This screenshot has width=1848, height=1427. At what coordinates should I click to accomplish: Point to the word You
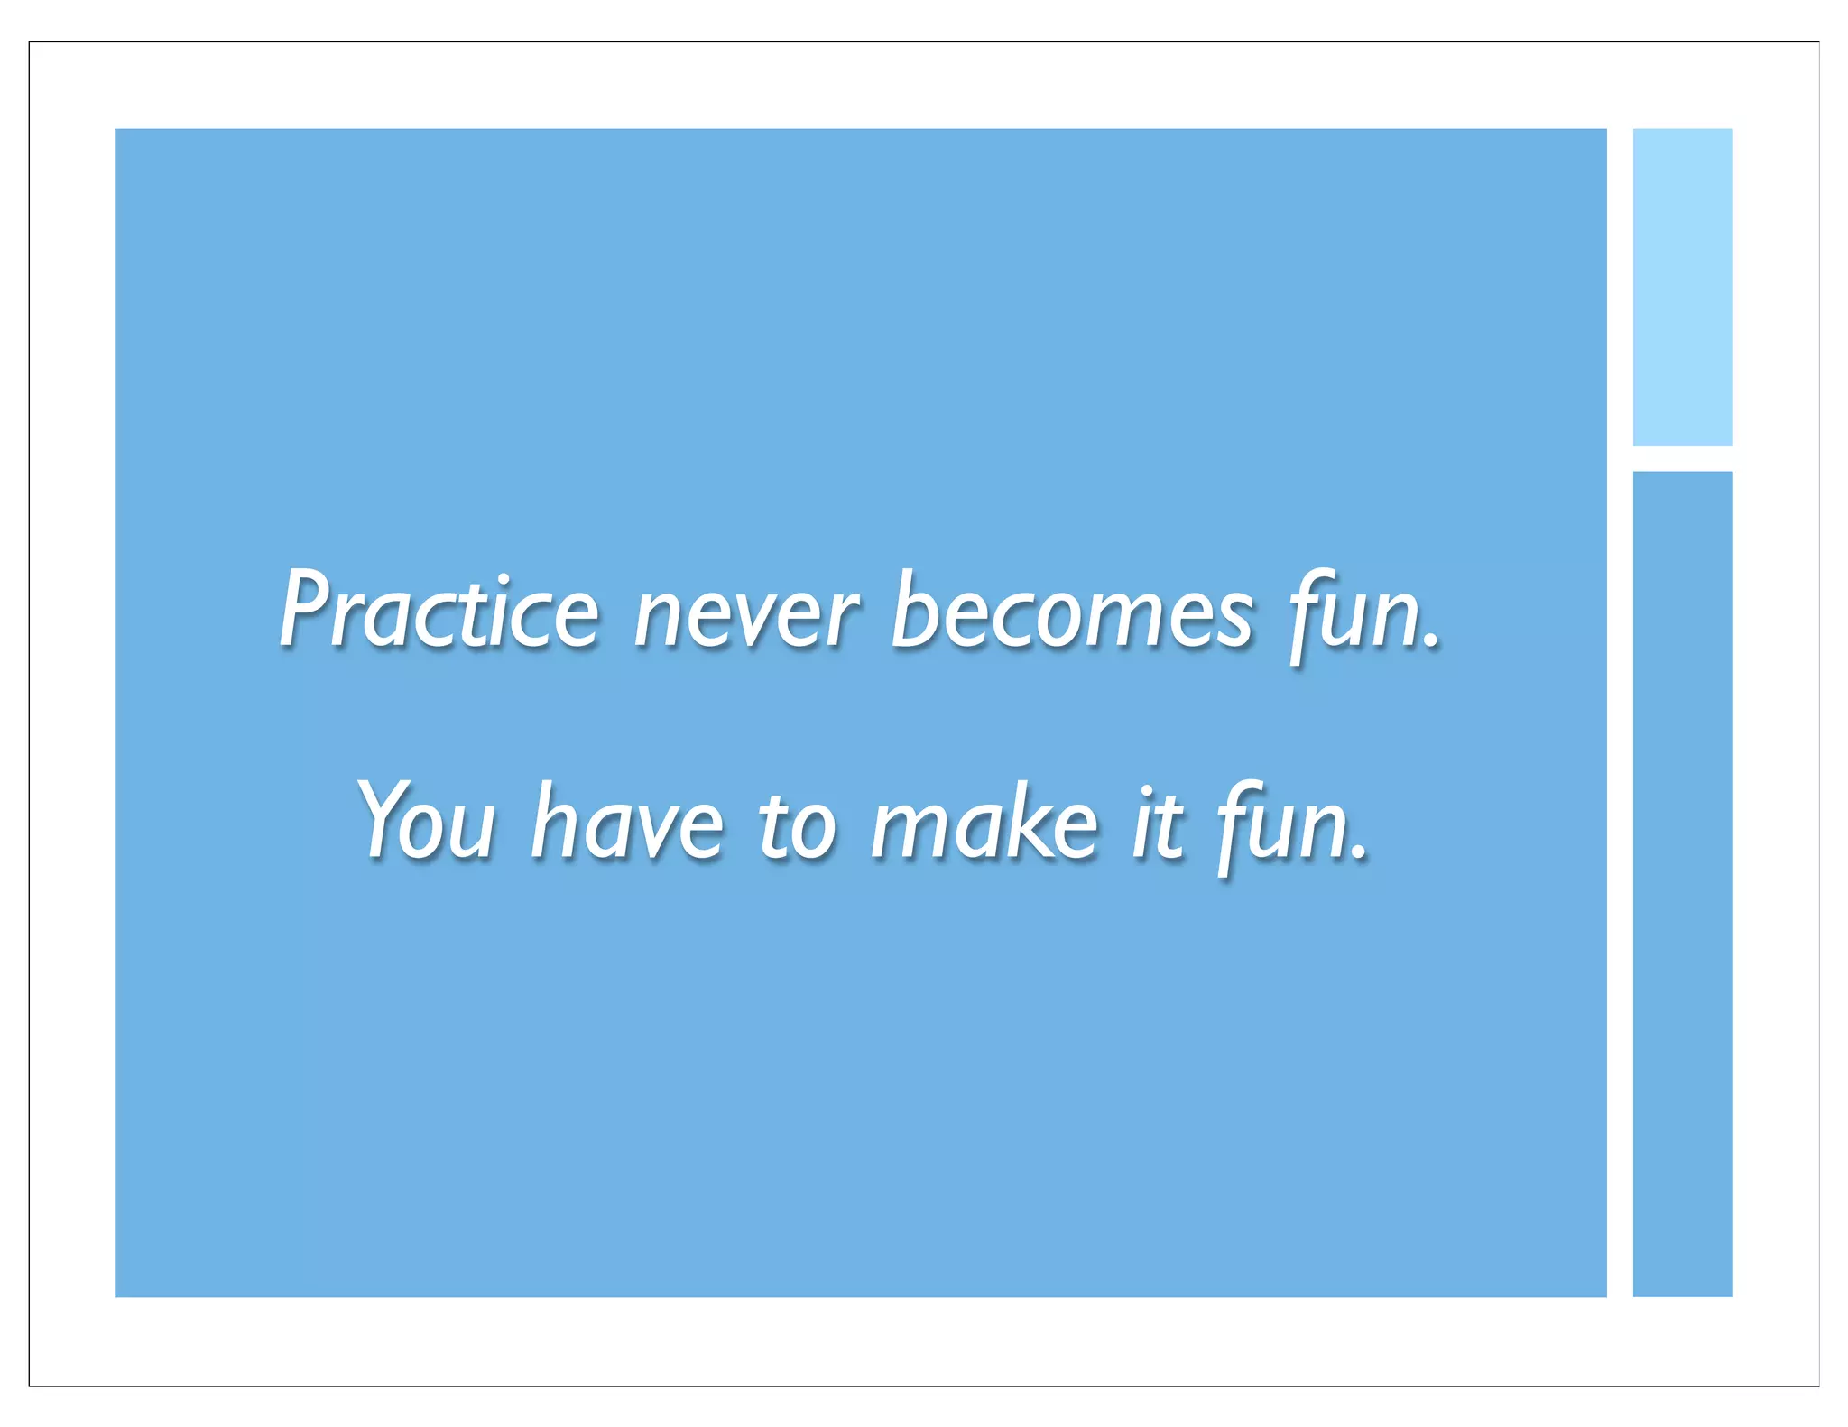427,821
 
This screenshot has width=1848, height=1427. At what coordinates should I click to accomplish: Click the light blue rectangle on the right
1682,287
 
